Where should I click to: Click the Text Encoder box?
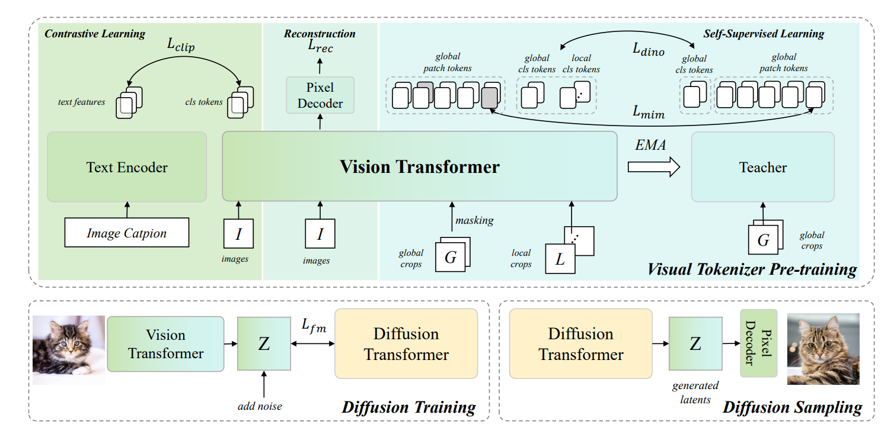tap(127, 167)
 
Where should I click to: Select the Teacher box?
tap(762, 167)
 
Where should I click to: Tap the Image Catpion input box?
tap(127, 233)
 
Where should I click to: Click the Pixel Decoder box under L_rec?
tap(320, 95)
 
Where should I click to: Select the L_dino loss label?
tap(648, 50)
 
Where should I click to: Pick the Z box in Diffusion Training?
tap(264, 343)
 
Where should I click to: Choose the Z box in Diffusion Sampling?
tap(695, 343)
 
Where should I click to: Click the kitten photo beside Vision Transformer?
tap(69, 350)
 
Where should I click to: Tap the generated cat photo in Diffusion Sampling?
tap(822, 349)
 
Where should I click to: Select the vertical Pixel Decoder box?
tap(758, 343)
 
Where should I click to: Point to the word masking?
tap(474, 221)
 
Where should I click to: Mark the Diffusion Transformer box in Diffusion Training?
tap(406, 343)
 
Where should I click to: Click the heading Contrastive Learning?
tap(95, 34)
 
